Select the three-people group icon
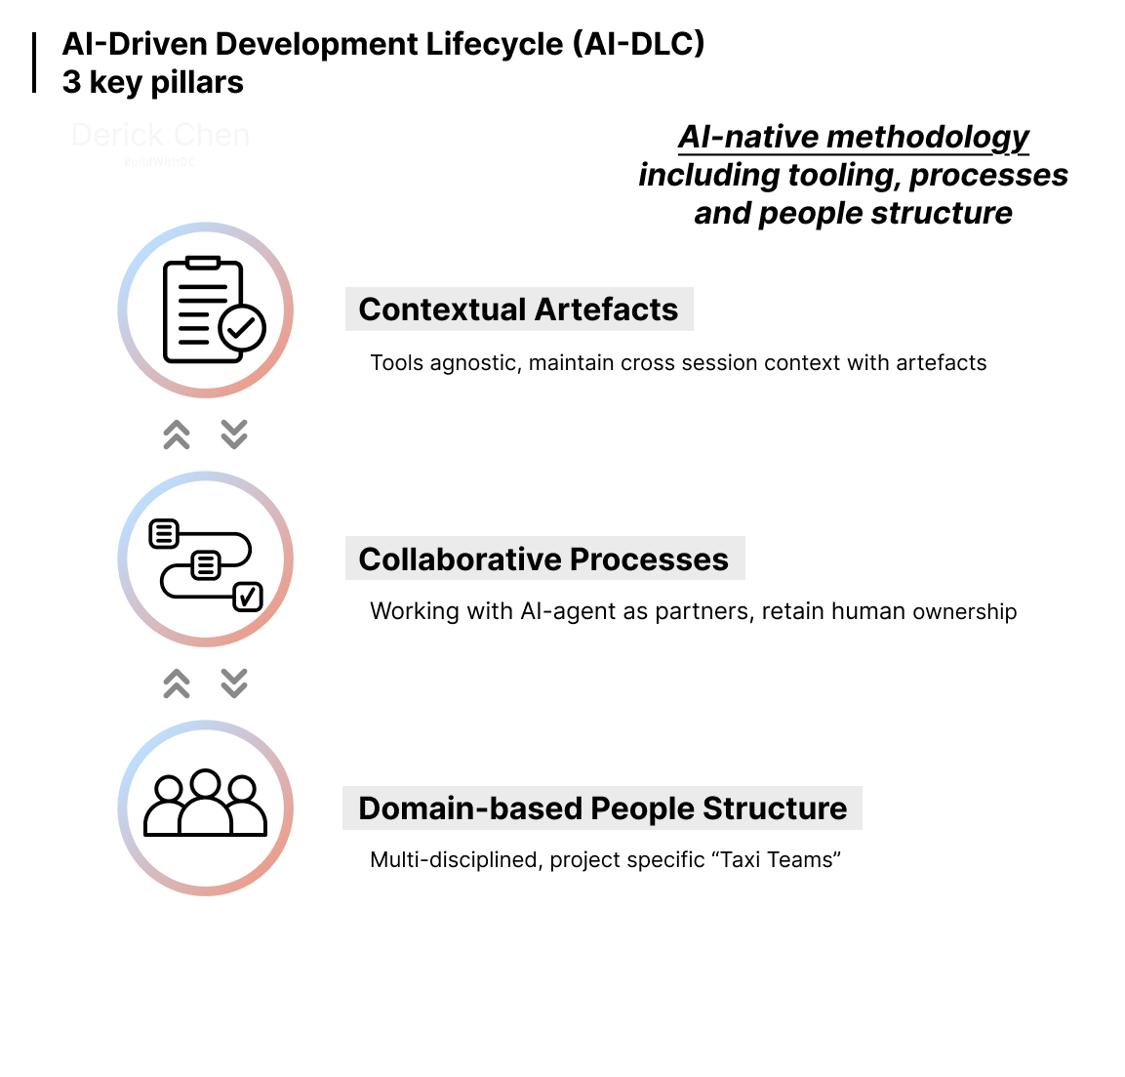pyautogui.click(x=205, y=807)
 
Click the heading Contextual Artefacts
pyautogui.click(x=518, y=310)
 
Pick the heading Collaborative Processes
pyautogui.click(x=543, y=559)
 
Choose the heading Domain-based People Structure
pyautogui.click(x=602, y=808)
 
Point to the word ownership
pyautogui.click(x=965, y=612)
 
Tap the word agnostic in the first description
pyautogui.click(x=472, y=363)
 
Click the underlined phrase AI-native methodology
pyautogui.click(x=853, y=138)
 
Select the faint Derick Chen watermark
pyautogui.click(x=160, y=135)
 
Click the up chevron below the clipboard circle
pyautogui.click(x=177, y=435)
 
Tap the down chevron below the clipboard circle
pyautogui.click(x=234, y=435)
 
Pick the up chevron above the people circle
pyautogui.click(x=177, y=683)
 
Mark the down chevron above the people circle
pyautogui.click(x=234, y=683)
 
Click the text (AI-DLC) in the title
pyautogui.click(x=638, y=44)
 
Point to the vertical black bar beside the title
pyautogui.click(x=34, y=62)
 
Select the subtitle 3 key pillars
pyautogui.click(x=153, y=83)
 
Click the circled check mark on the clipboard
pyautogui.click(x=242, y=328)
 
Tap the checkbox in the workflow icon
pyautogui.click(x=248, y=597)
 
